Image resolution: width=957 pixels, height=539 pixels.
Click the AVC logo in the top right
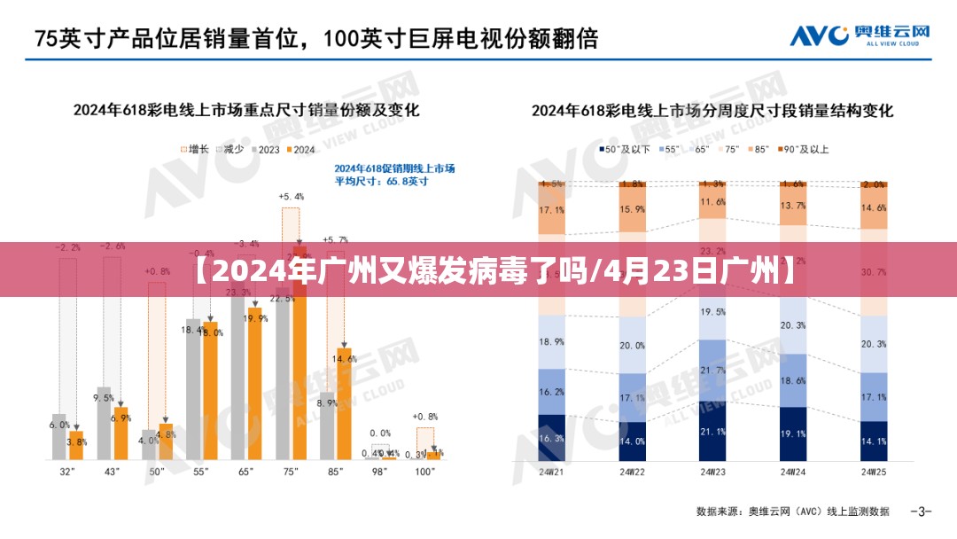tap(860, 35)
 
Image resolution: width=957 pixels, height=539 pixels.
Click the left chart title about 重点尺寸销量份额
tap(246, 111)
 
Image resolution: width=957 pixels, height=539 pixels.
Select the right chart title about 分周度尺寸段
tap(712, 111)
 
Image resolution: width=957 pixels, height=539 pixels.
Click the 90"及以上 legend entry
tap(804, 150)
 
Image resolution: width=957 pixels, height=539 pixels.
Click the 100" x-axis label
tap(425, 473)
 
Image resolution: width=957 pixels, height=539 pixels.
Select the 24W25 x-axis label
tap(873, 473)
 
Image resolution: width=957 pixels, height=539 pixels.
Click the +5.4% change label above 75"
tap(291, 196)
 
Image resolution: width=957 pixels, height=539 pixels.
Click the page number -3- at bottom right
tap(921, 512)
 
